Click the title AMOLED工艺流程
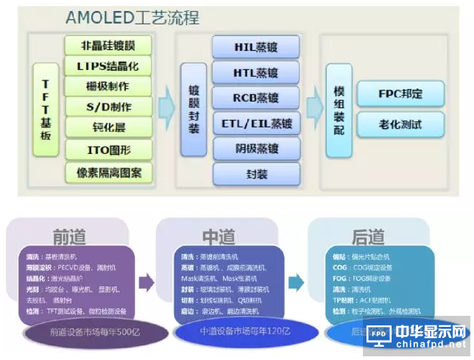[132, 17]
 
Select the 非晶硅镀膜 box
[107, 45]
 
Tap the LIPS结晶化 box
[107, 66]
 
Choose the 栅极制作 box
[107, 87]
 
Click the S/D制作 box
[107, 107]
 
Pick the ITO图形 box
[107, 152]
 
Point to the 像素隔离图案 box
[107, 174]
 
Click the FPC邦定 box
[401, 94]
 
